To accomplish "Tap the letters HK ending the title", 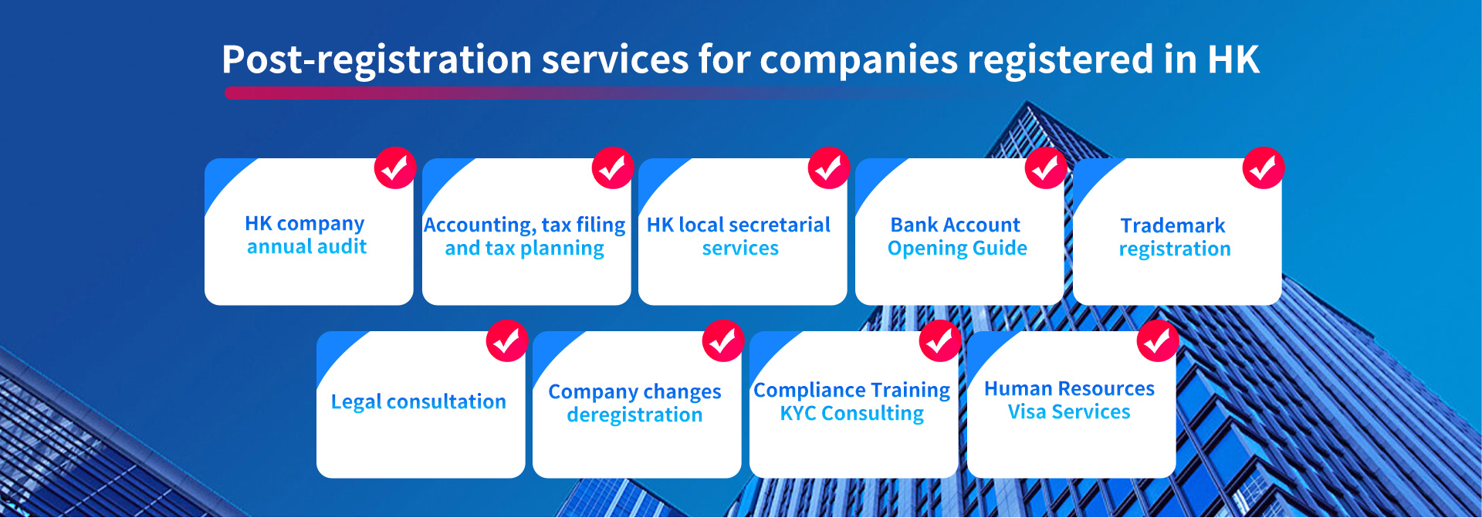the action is pyautogui.click(x=1233, y=59).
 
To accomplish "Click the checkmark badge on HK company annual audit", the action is pyautogui.click(x=395, y=168).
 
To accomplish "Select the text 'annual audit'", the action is pyautogui.click(x=306, y=246).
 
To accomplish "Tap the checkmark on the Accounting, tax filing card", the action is pyautogui.click(x=613, y=168).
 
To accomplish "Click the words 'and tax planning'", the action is pyautogui.click(x=524, y=249).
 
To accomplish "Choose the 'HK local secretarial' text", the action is pyautogui.click(x=739, y=225).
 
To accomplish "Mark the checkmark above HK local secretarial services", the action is pyautogui.click(x=829, y=168).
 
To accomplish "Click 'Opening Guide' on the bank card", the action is pyautogui.click(x=957, y=249).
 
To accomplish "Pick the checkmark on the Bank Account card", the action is pyautogui.click(x=1046, y=168).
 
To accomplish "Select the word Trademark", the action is pyautogui.click(x=1172, y=225).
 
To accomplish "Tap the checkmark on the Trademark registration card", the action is pyautogui.click(x=1264, y=168).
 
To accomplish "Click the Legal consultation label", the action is pyautogui.click(x=418, y=402).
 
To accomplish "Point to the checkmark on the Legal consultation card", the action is pyautogui.click(x=507, y=340).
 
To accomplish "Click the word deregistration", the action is pyautogui.click(x=634, y=415).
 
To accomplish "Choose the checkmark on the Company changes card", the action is pyautogui.click(x=723, y=340).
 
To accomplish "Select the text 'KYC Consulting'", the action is pyautogui.click(x=852, y=414).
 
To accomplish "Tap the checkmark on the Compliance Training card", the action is pyautogui.click(x=940, y=340).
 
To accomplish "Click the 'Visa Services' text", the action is pyautogui.click(x=1069, y=411).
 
